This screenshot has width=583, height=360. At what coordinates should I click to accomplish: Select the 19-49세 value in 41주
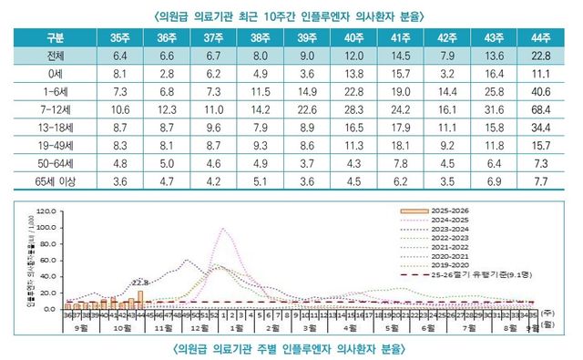tap(400, 146)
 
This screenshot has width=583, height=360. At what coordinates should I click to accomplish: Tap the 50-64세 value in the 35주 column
tap(118, 163)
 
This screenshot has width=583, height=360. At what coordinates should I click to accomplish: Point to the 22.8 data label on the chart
tap(140, 282)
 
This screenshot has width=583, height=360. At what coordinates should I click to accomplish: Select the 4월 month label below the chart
tap(351, 325)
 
